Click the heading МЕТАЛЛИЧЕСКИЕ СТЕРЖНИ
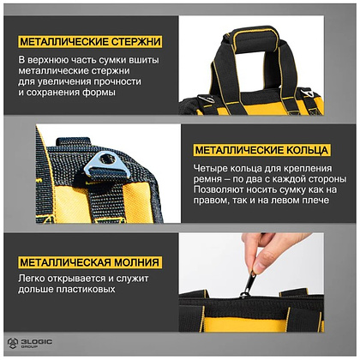pos(90,42)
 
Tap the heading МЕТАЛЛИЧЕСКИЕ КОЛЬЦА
pos(261,150)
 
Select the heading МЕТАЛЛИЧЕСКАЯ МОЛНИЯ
pos(89,262)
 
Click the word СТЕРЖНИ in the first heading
pos(135,42)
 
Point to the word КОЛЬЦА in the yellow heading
pos(307,150)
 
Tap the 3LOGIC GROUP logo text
pos(36,343)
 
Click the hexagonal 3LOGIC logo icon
pos(13,343)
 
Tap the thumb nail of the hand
pos(260,267)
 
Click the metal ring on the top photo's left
pos(207,99)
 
